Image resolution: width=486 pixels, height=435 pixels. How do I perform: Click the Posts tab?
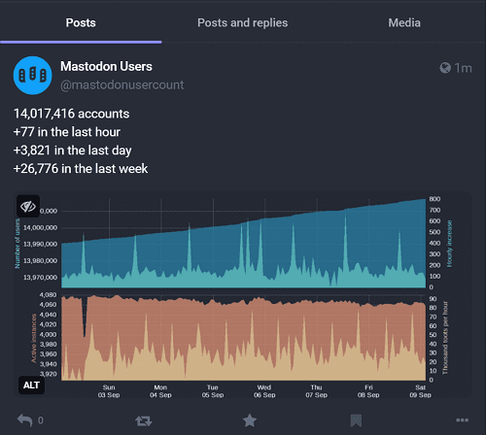point(81,21)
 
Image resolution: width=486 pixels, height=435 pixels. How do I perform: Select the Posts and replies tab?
point(243,21)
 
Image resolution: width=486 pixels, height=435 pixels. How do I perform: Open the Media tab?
point(404,21)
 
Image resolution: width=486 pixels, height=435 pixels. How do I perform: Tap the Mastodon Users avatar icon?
point(32,76)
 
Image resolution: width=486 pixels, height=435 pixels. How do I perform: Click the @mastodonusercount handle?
point(121,85)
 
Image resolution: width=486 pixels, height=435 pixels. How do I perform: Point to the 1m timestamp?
point(464,68)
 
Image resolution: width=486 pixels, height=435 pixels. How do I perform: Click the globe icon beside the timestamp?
point(446,68)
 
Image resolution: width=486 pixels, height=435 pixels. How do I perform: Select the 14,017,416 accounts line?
point(71,114)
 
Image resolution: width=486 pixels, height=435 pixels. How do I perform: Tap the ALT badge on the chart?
point(31,385)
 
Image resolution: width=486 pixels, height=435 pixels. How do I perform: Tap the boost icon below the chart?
point(143,420)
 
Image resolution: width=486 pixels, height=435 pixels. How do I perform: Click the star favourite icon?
point(250,420)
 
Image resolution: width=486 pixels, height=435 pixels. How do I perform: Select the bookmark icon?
point(357,420)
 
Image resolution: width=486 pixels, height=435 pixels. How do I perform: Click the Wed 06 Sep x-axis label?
point(263,390)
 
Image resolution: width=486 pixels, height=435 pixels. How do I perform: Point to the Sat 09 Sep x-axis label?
point(420,390)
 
